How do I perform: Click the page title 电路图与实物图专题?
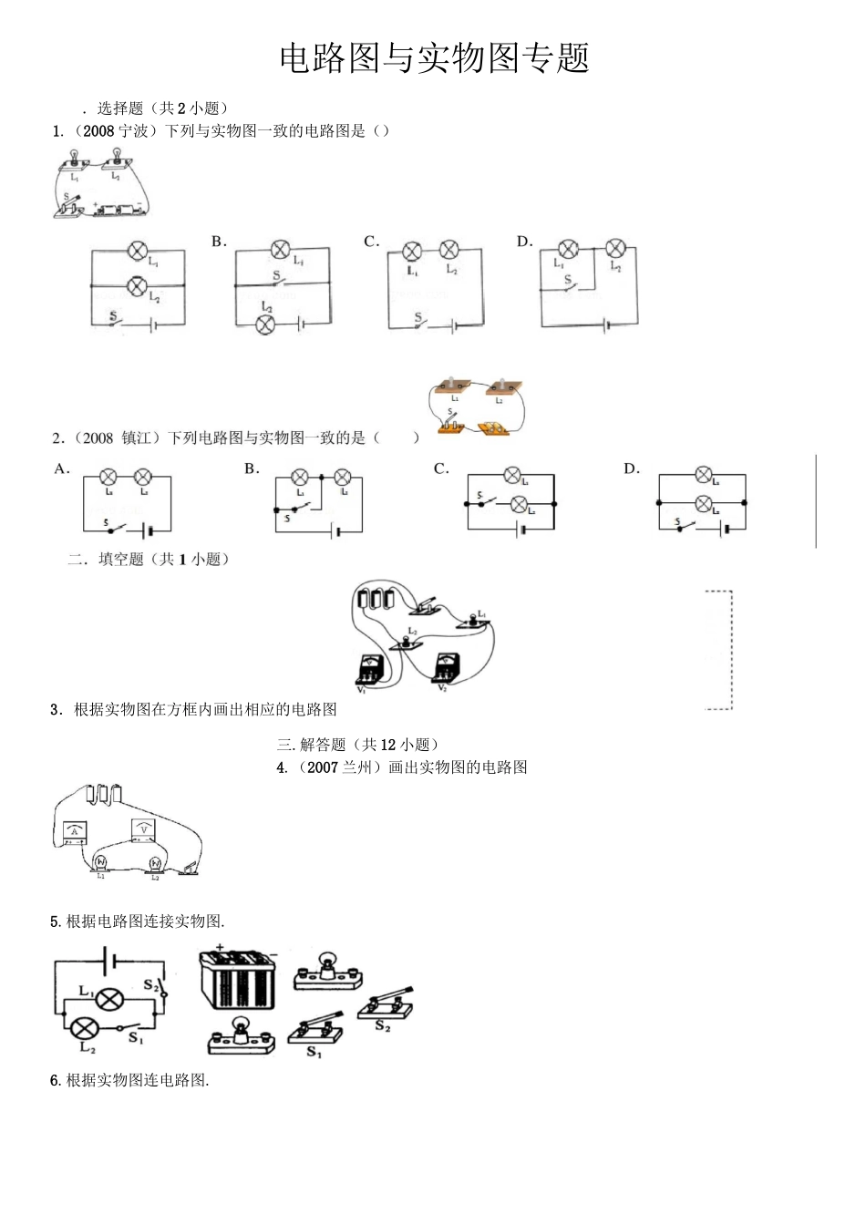[434, 58]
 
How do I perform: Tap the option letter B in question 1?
[219, 242]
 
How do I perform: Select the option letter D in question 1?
[524, 242]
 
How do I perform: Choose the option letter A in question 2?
[61, 468]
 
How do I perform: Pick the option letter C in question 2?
[441, 468]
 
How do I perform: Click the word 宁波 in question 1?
[133, 131]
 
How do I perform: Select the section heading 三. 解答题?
[358, 745]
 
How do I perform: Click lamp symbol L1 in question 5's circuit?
[111, 999]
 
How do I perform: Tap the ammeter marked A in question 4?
[75, 831]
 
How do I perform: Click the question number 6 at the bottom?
[55, 1081]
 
